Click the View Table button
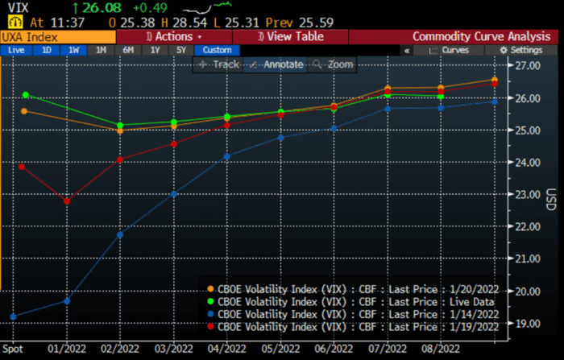tap(290, 37)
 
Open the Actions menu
tap(174, 37)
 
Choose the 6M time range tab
tap(128, 50)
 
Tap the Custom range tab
tap(217, 50)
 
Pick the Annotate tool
tap(276, 64)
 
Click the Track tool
tap(219, 64)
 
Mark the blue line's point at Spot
tap(14, 316)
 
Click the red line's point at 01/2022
tap(67, 201)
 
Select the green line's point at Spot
tap(25, 95)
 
